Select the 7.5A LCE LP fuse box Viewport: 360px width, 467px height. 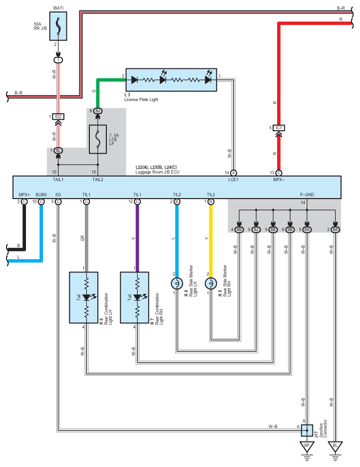point(98,139)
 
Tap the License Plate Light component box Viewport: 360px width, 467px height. point(171,80)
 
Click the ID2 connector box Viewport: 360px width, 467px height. point(59,116)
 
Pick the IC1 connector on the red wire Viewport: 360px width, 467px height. point(279,128)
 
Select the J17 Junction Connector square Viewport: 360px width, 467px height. point(306,430)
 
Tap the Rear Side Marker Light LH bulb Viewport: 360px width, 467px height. point(176,283)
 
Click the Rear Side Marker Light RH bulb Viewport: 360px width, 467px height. point(210,283)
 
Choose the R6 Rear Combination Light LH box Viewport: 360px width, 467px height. point(86,298)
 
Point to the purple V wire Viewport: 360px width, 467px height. point(137,234)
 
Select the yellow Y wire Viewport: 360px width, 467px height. point(210,239)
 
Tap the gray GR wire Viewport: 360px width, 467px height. point(86,234)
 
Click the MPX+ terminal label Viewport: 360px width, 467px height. point(24,194)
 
